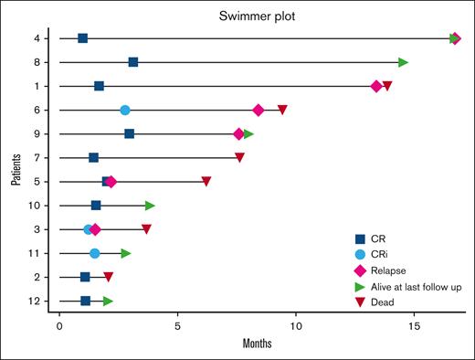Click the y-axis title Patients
click(16, 170)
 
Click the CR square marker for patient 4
click(83, 38)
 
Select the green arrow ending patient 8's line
click(403, 62)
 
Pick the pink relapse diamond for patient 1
click(376, 86)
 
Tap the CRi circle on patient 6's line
click(125, 110)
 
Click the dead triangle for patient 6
click(282, 110)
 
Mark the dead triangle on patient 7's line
click(239, 157)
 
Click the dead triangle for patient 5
click(206, 182)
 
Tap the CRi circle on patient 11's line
click(95, 253)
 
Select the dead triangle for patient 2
click(108, 277)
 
